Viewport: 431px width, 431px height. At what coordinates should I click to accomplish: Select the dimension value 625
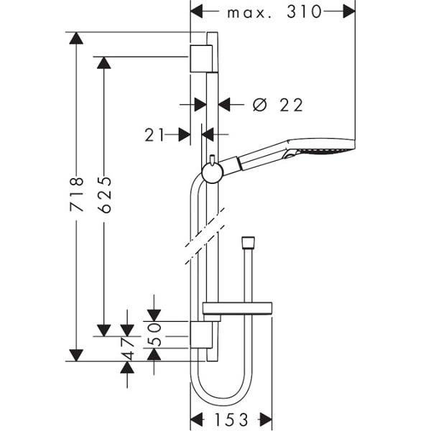point(104,195)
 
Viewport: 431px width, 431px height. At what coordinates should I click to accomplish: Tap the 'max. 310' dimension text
point(274,12)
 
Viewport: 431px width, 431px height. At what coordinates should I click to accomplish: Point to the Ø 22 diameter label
point(279,105)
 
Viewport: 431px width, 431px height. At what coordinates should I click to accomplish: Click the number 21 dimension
point(155,134)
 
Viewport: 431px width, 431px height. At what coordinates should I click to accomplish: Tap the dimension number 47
point(128,348)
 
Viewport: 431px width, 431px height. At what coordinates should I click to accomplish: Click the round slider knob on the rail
point(212,172)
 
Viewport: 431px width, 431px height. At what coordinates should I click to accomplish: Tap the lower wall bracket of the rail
point(202,336)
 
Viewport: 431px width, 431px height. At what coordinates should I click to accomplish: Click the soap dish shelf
point(237,310)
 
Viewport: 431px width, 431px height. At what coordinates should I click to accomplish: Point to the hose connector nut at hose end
point(248,241)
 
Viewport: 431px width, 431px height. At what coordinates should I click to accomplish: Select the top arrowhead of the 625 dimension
point(104,62)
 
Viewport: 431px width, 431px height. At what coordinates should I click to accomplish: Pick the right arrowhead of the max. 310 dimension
point(349,11)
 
